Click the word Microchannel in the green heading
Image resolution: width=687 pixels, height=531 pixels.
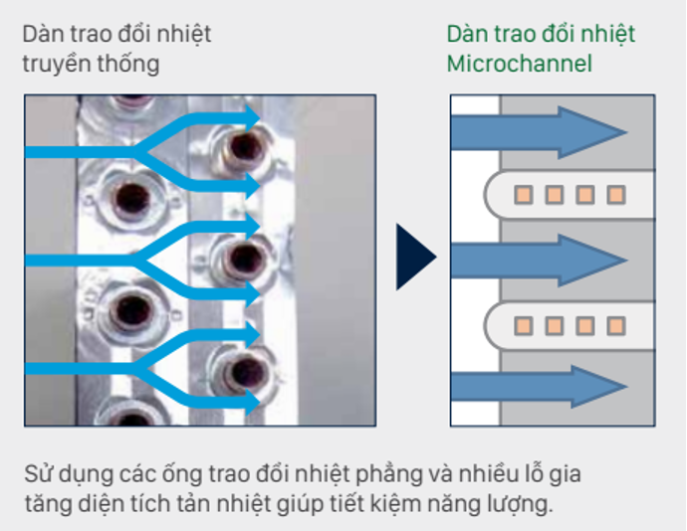click(519, 65)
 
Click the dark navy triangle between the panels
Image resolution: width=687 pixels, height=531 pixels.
click(414, 258)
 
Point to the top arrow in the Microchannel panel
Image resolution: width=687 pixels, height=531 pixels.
click(539, 130)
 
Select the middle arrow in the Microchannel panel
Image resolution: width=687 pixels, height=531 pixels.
click(539, 258)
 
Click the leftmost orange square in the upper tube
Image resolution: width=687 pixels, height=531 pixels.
click(525, 194)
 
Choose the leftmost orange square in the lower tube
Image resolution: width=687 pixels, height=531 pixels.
click(525, 325)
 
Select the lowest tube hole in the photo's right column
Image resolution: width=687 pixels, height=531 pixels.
click(238, 374)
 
